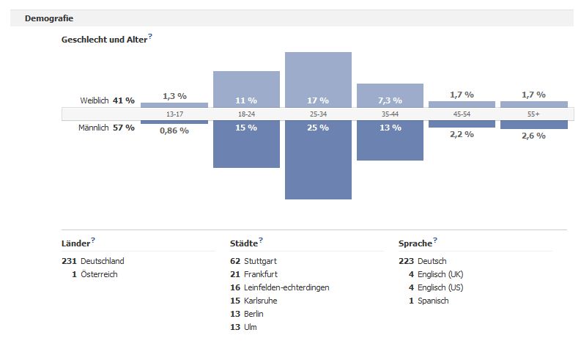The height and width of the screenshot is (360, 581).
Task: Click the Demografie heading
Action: [x=49, y=18]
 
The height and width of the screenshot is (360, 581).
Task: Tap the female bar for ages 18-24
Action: [x=246, y=89]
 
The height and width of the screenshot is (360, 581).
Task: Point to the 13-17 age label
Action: [x=174, y=114]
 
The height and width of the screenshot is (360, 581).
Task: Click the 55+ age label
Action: [x=533, y=114]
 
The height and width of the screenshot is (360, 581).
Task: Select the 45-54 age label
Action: [x=462, y=114]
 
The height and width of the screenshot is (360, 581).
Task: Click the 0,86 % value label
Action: [x=174, y=131]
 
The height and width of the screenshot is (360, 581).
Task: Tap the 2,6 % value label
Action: [x=533, y=135]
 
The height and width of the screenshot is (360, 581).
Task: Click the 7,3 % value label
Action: [x=390, y=100]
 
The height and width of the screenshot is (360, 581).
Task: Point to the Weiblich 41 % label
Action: [x=108, y=100]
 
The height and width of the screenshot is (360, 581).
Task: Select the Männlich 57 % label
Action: [x=106, y=128]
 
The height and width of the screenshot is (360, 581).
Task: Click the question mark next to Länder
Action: [x=93, y=240]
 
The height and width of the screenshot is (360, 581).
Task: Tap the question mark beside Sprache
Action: [x=435, y=240]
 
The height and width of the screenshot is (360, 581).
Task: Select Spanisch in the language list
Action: [x=434, y=301]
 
